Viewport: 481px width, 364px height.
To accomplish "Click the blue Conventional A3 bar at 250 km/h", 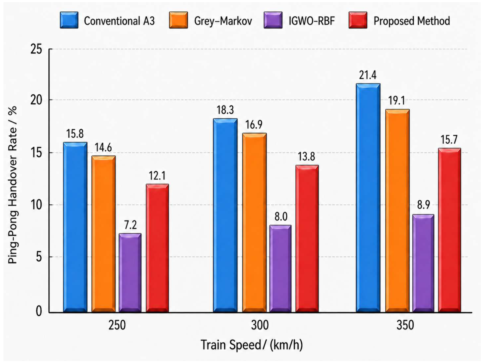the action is pyautogui.click(x=75, y=227).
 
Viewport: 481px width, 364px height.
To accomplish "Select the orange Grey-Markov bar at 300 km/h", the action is pyautogui.click(x=254, y=223).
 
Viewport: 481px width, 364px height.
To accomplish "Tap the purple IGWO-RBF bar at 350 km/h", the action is pyautogui.click(x=423, y=263).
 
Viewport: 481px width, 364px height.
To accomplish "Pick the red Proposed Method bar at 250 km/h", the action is pyautogui.click(x=157, y=248).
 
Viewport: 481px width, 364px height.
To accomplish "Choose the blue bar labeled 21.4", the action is pyautogui.click(x=368, y=198).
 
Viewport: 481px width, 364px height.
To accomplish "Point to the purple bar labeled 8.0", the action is pyautogui.click(x=280, y=269).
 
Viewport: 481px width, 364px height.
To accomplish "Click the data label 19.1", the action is pyautogui.click(x=397, y=101).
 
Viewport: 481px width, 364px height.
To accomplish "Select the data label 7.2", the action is pyautogui.click(x=130, y=225).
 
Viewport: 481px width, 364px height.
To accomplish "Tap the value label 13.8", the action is pyautogui.click(x=306, y=157).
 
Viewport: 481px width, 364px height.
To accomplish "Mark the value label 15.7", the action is pyautogui.click(x=449, y=140).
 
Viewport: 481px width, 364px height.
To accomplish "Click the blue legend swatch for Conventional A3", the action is pyautogui.click(x=69, y=20).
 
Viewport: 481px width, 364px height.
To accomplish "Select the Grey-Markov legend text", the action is pyautogui.click(x=223, y=21).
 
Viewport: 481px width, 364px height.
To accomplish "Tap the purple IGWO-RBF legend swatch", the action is pyautogui.click(x=273, y=20).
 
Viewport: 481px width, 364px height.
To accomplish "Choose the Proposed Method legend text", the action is pyautogui.click(x=412, y=21).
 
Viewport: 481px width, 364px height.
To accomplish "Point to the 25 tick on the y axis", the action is pyautogui.click(x=37, y=49).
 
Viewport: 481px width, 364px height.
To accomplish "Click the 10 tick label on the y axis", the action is pyautogui.click(x=37, y=205).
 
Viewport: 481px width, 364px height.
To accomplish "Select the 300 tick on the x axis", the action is pyautogui.click(x=260, y=325).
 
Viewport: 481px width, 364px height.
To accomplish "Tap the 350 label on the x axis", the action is pyautogui.click(x=405, y=325).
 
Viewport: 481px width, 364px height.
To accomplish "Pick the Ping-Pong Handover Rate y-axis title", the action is pyautogui.click(x=13, y=185).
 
